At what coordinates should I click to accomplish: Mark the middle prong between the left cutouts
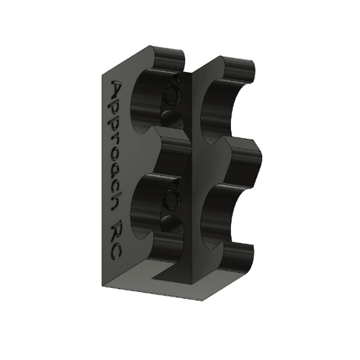[x=172, y=151]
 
